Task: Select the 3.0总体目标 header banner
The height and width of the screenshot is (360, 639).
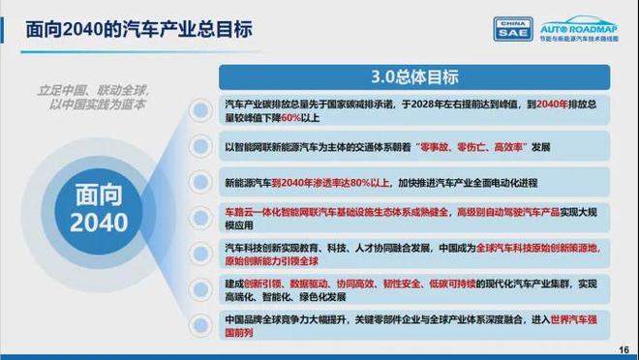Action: click(415, 76)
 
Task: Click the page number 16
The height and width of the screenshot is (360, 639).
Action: click(623, 349)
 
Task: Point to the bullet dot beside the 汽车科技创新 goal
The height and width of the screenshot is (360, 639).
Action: click(201, 253)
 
